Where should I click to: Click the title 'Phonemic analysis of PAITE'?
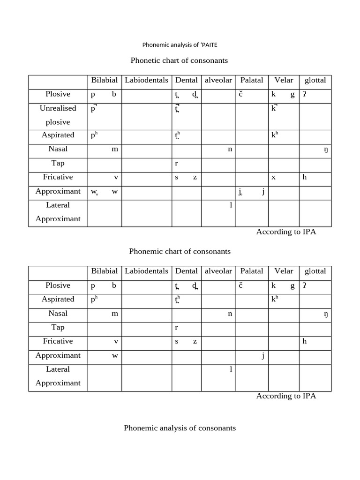pos(180,45)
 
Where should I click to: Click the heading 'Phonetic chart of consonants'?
pos(179,60)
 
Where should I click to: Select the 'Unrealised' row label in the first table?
pos(58,108)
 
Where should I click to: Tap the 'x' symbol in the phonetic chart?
pos(273,177)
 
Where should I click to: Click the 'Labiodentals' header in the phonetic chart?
pos(146,80)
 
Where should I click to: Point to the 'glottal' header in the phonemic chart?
pos(315,271)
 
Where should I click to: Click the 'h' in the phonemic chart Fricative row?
pos(305,341)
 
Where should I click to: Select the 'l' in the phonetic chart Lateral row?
pos(231,205)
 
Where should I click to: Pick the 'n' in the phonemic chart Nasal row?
pos(230,314)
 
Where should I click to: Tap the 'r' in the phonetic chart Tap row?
pos(177,164)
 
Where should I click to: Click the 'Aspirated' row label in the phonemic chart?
pos(58,299)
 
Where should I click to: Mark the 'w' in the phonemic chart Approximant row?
pos(115,355)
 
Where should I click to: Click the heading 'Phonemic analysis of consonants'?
pos(180,428)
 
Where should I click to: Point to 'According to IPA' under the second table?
pos(286,396)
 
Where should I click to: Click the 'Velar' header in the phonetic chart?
pos(284,80)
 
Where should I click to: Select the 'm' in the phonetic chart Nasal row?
pos(115,149)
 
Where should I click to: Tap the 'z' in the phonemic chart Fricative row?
pos(195,341)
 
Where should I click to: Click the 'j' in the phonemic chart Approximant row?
pos(263,356)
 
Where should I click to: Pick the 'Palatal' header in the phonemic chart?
pos(252,271)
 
